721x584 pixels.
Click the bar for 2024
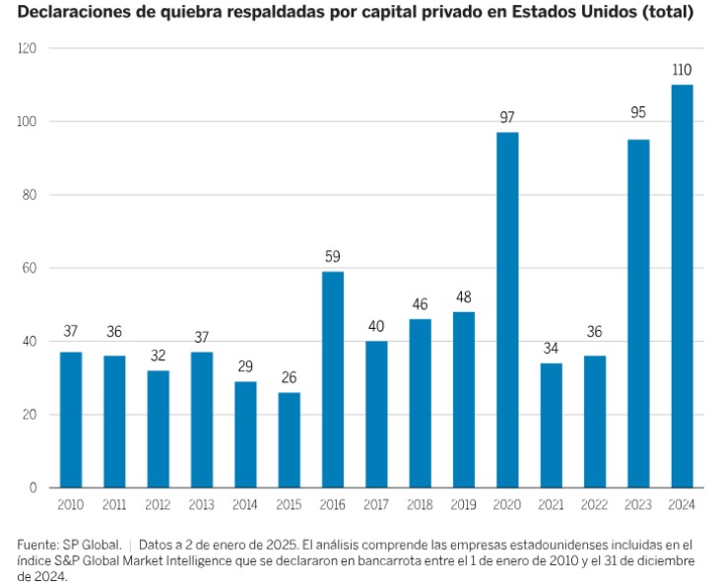point(682,286)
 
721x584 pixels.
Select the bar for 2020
point(507,309)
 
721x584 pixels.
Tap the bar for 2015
point(289,439)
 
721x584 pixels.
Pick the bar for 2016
point(333,379)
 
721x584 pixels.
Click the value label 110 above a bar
point(682,70)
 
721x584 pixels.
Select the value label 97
point(507,117)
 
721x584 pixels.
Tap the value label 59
point(333,257)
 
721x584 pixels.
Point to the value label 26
point(289,377)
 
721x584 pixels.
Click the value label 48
point(464,296)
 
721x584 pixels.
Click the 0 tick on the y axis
point(33,487)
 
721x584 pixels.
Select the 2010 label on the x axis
point(71,505)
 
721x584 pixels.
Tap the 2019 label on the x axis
point(464,505)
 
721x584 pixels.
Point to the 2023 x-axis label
point(638,505)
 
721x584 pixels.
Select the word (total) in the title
point(669,14)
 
